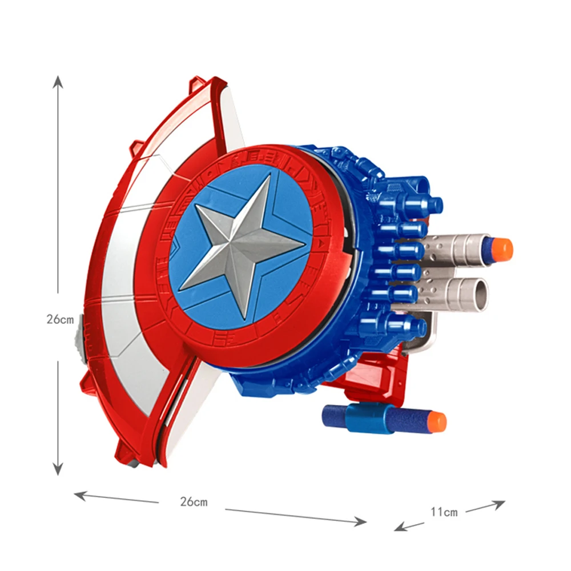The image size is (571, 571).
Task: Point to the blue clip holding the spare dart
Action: tap(369, 419)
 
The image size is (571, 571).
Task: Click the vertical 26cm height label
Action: tap(60, 319)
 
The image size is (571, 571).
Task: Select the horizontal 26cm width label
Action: tap(194, 502)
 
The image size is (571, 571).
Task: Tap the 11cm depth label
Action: tap(444, 512)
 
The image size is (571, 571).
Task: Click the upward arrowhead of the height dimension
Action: tap(58, 82)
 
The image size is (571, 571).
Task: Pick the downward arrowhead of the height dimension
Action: tap(58, 469)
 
